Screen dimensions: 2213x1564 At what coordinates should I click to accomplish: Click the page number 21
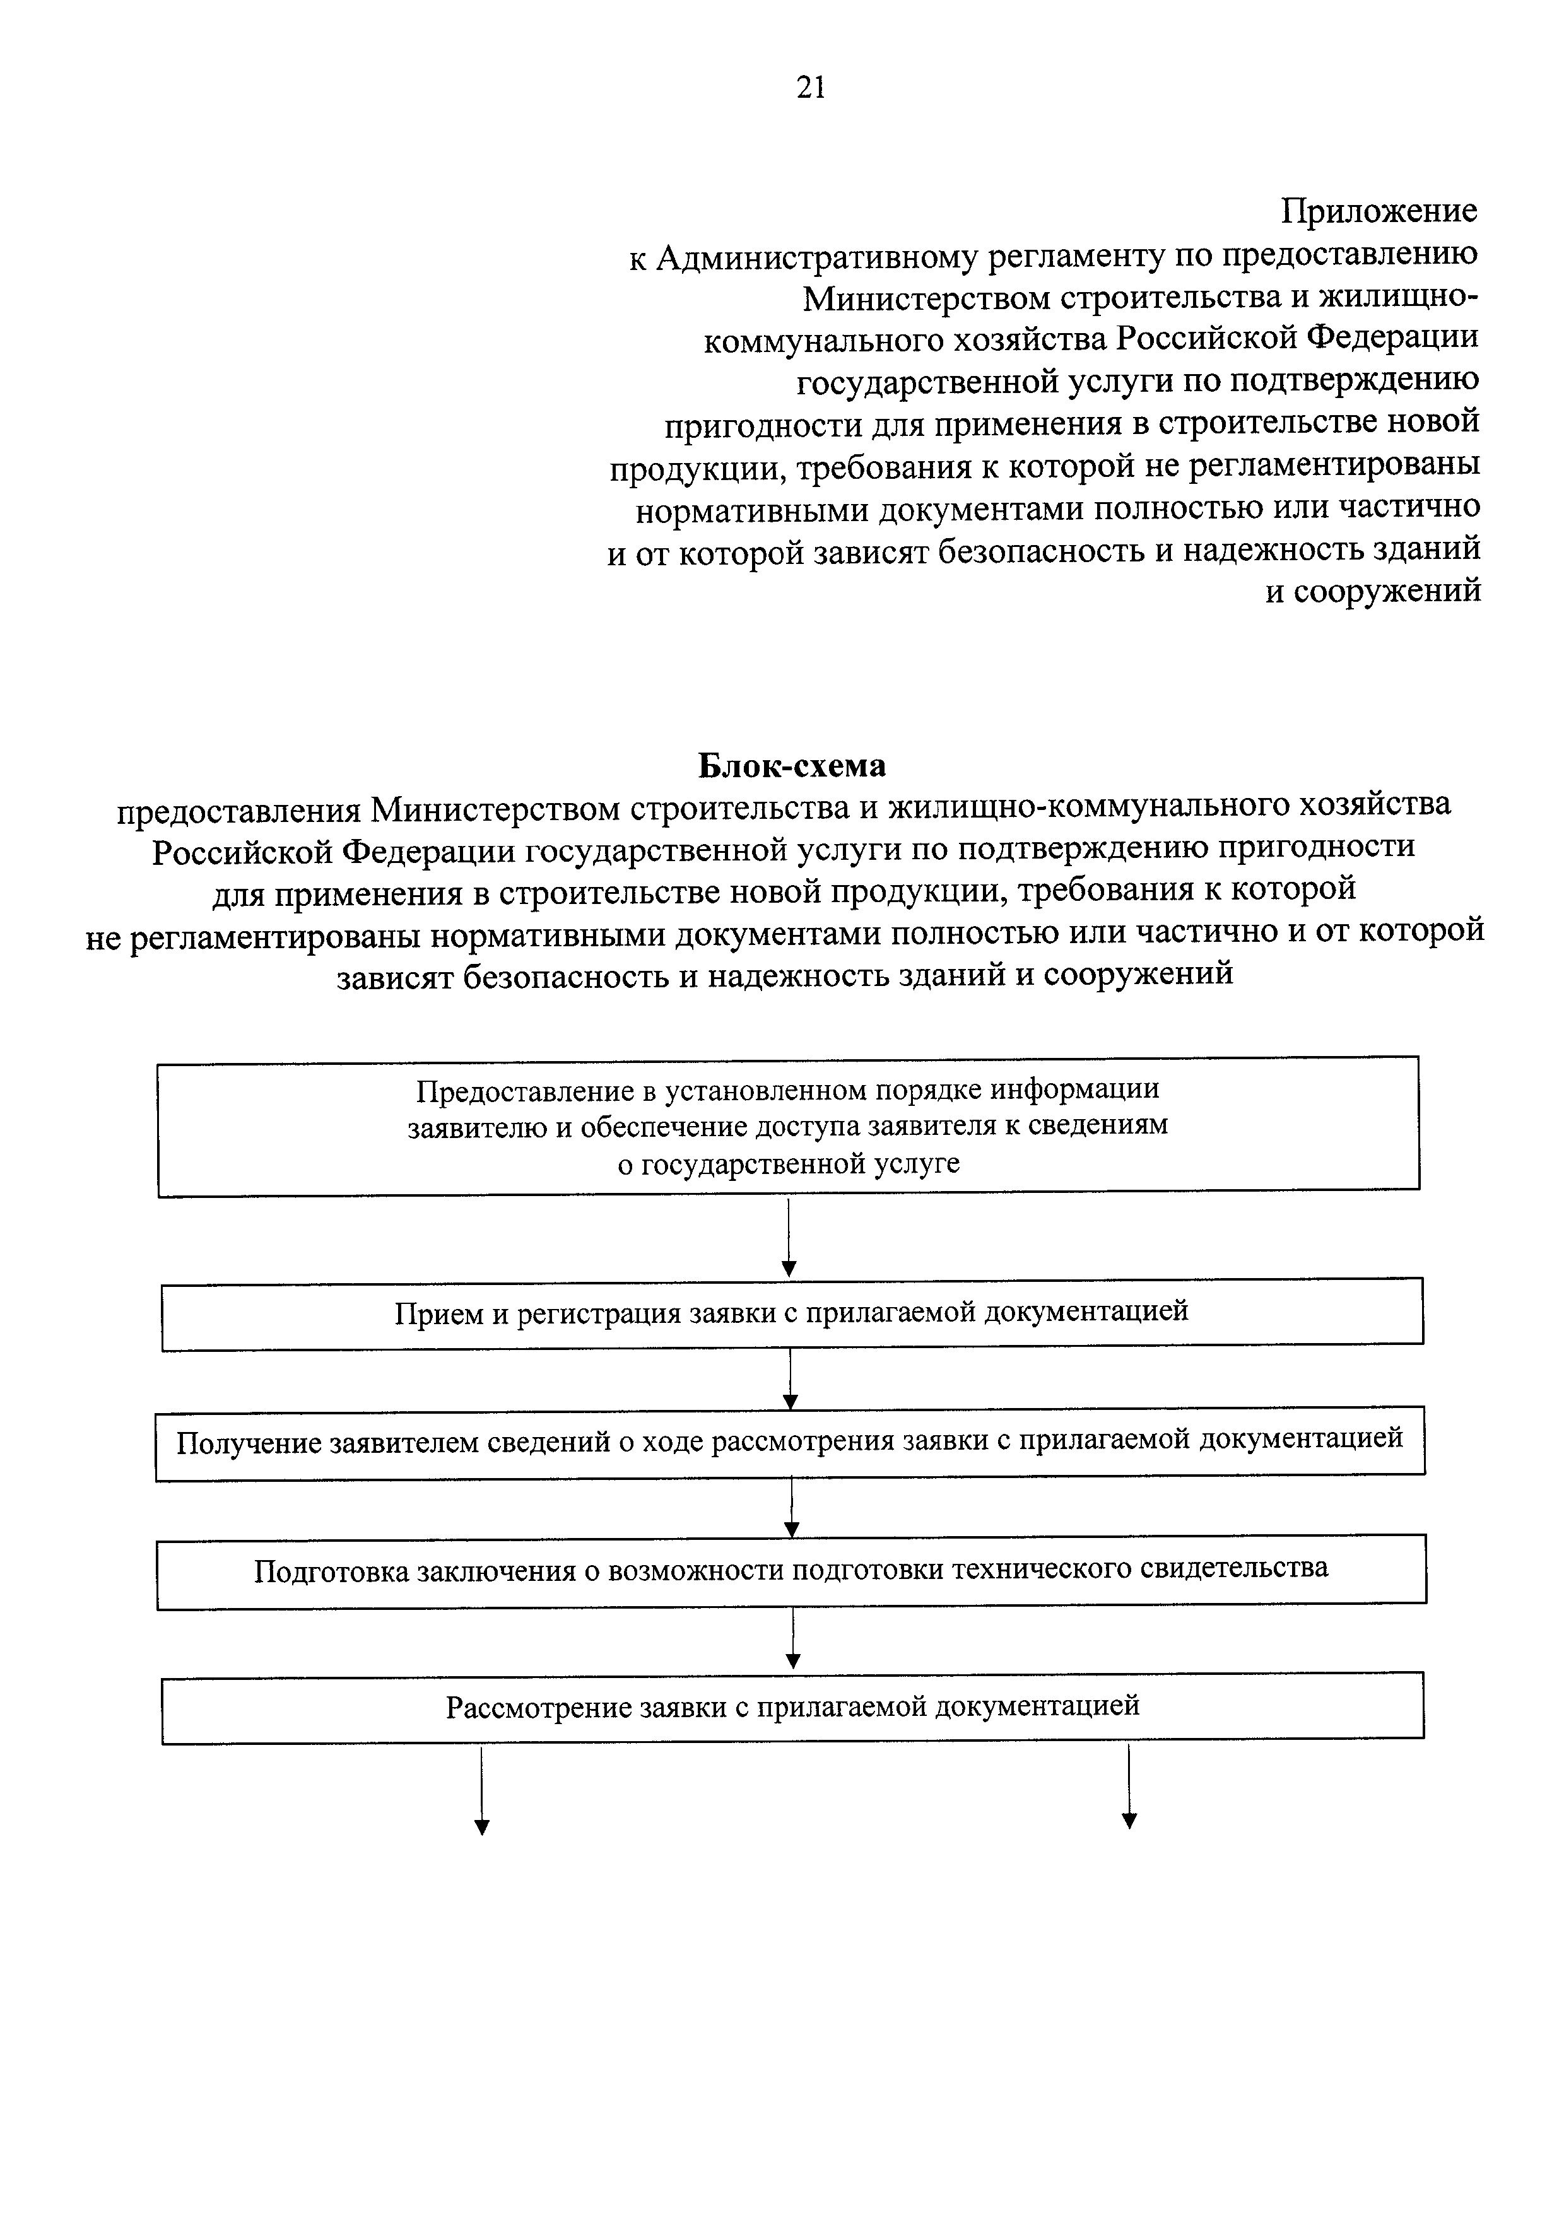[x=811, y=88]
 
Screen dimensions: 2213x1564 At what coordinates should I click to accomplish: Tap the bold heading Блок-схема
[x=791, y=766]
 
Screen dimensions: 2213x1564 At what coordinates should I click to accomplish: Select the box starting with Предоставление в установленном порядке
[x=788, y=1127]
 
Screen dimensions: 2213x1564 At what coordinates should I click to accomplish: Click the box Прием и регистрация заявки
[x=791, y=1313]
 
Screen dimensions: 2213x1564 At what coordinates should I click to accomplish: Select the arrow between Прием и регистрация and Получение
[x=790, y=1378]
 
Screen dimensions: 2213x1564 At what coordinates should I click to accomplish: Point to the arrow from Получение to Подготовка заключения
[x=791, y=1508]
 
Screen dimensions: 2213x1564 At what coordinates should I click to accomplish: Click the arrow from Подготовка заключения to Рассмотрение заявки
[x=792, y=1638]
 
